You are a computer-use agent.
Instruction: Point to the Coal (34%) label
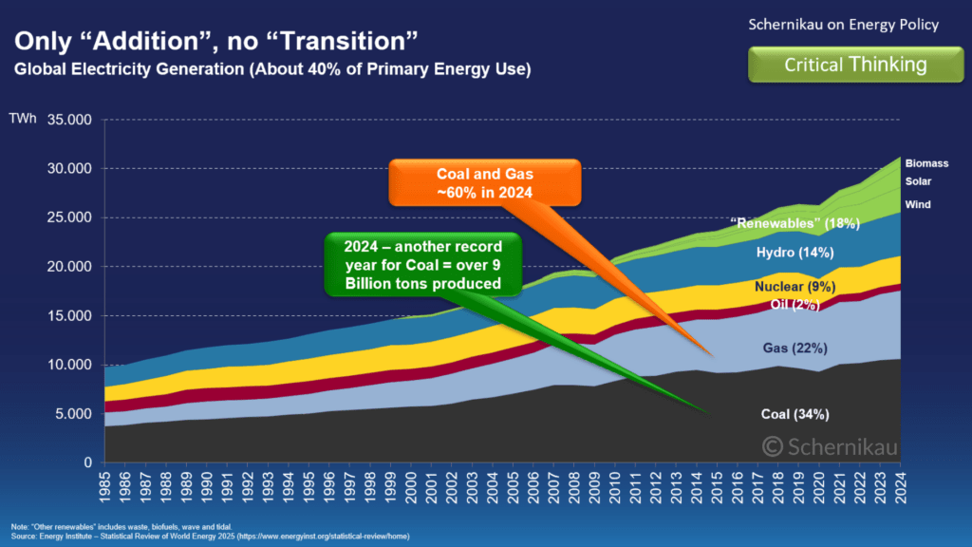click(795, 414)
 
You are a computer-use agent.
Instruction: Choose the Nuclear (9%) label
click(794, 287)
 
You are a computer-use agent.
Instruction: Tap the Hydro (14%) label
click(794, 253)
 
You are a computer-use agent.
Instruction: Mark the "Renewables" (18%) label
click(794, 224)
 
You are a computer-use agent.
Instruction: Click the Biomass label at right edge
click(926, 163)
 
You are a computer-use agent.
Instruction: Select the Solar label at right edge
click(918, 182)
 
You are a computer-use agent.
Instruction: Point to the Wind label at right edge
click(917, 204)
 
